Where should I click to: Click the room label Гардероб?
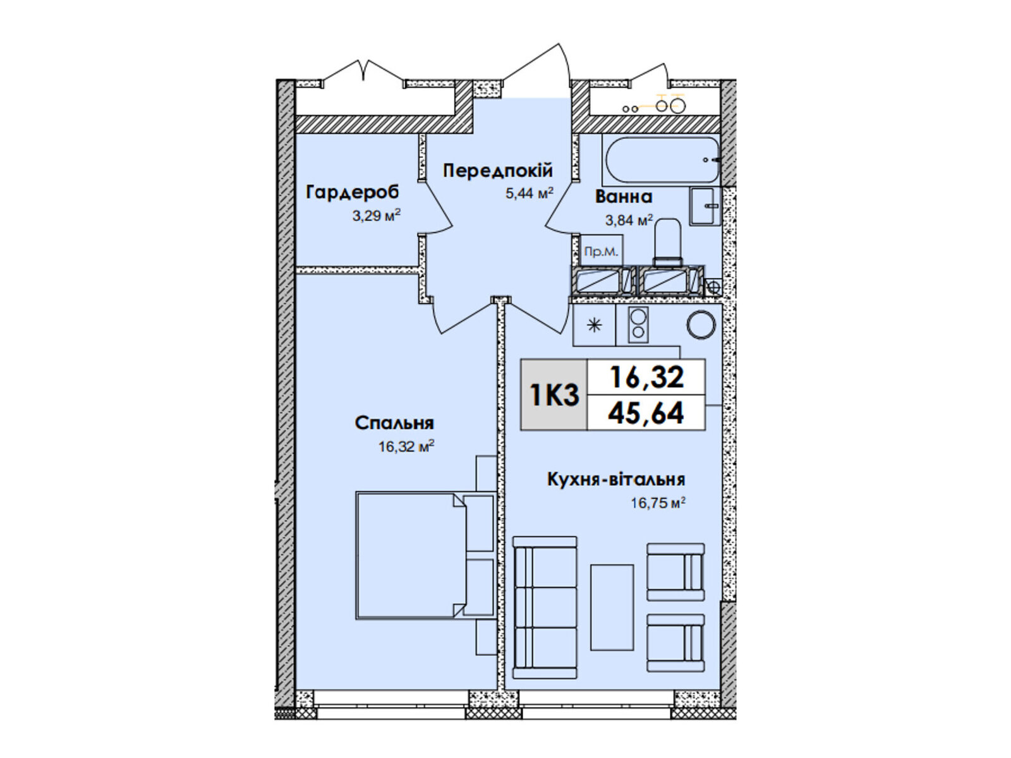[352, 193]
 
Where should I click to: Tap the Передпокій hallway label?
[497, 171]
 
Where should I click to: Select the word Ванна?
[624, 196]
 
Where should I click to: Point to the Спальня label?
[394, 423]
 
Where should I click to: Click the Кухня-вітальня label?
[616, 479]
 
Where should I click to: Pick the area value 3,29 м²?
[377, 215]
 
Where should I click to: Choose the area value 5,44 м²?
[530, 193]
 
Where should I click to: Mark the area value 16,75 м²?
[658, 503]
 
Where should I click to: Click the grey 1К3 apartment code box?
[554, 395]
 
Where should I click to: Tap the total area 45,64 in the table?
[646, 413]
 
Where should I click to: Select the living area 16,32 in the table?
[646, 377]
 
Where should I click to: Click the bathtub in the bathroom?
[662, 160]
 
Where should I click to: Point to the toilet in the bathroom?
[668, 243]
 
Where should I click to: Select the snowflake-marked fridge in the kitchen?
[594, 325]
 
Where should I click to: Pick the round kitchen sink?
[701, 325]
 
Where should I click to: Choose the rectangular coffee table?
[612, 608]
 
